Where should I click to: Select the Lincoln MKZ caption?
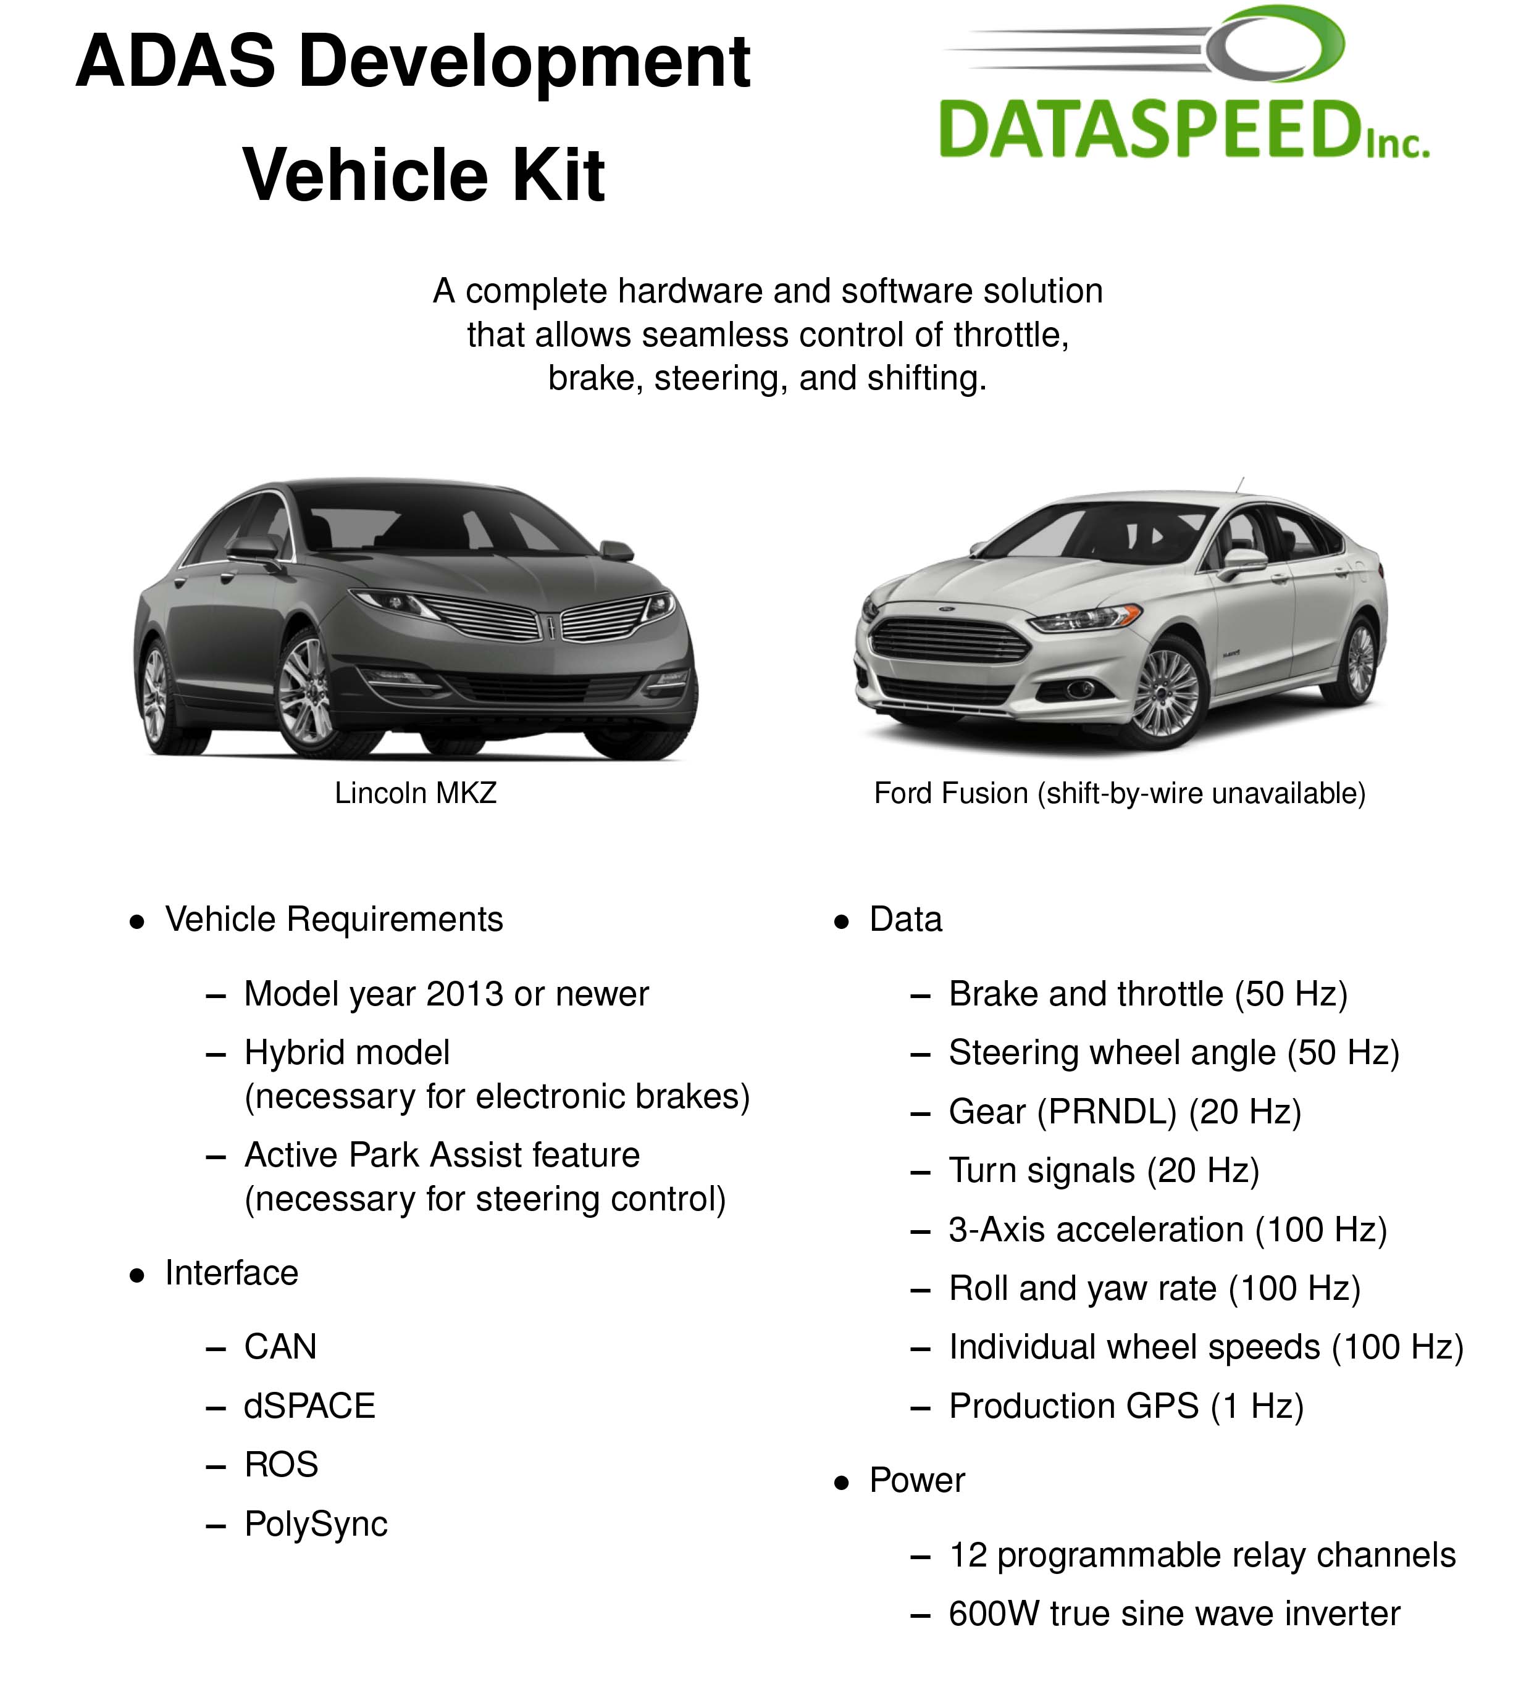coord(416,793)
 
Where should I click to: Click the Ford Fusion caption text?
coord(1119,793)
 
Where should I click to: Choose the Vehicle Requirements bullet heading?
coord(333,919)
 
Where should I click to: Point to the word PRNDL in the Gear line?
coord(1105,1112)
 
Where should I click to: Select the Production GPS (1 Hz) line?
coord(1126,1406)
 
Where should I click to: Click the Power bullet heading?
coord(917,1480)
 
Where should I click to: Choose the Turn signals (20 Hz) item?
coord(1103,1170)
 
